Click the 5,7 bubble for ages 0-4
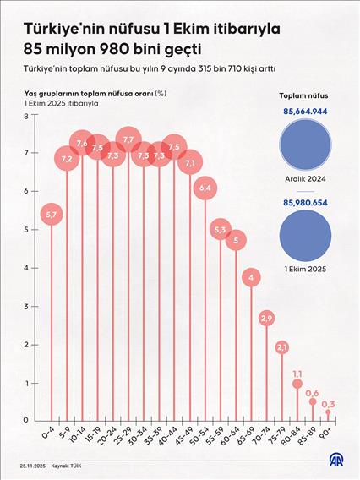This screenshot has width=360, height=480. [52, 216]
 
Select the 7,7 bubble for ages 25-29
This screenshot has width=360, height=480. [129, 139]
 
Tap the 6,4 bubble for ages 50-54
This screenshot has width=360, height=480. [205, 188]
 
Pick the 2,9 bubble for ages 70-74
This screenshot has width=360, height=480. [266, 319]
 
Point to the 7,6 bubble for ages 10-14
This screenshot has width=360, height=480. [82, 144]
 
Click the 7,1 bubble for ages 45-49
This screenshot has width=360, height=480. [190, 162]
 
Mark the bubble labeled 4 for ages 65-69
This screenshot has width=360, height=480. [251, 277]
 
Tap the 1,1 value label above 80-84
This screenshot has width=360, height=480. [297, 373]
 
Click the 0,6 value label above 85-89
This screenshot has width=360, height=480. [312, 393]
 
